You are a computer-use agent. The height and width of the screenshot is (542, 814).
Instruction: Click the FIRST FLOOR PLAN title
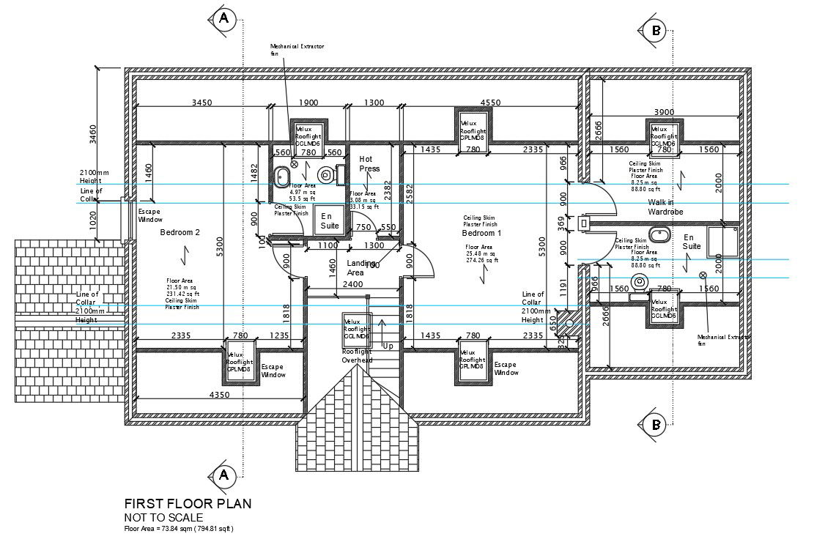coord(188,503)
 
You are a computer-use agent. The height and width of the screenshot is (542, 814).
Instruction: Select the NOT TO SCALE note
coord(163,517)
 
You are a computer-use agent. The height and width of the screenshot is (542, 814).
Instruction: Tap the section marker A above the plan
coord(224,20)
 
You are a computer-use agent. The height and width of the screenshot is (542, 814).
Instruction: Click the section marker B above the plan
coord(656,30)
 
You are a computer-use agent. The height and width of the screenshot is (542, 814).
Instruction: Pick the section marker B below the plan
coord(656,423)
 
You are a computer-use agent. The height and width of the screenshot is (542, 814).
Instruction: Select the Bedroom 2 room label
coord(180,232)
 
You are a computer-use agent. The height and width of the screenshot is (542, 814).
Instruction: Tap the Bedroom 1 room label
coord(481,233)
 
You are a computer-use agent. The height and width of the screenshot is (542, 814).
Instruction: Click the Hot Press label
coord(369,163)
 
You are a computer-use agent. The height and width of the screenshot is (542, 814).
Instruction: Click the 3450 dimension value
coord(201,103)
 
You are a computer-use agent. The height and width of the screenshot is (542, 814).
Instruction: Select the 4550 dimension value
coord(490,103)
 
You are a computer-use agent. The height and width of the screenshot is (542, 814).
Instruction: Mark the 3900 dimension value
coord(663,112)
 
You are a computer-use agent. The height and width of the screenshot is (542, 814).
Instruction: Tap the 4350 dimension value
coord(219,395)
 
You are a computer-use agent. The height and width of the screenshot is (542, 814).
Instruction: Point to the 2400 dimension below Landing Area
coord(352,284)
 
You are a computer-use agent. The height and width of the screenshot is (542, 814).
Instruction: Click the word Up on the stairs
coord(388,346)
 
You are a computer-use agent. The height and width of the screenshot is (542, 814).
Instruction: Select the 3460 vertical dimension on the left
coord(93,133)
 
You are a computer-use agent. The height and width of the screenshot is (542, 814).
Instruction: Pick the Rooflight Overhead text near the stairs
coord(357,356)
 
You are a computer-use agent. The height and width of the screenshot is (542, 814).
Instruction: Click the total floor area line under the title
coord(179,528)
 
